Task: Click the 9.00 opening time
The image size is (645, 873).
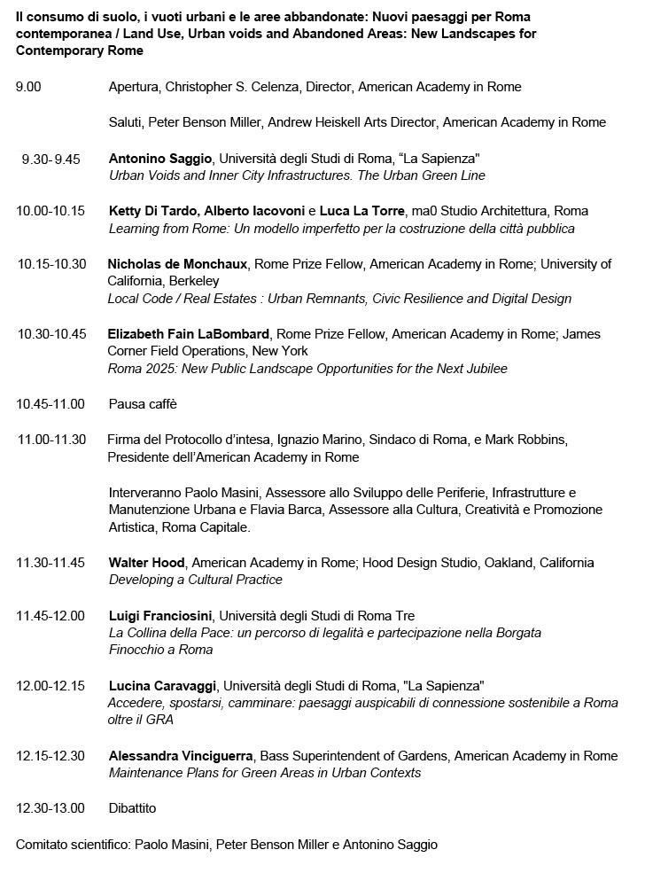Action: click(28, 87)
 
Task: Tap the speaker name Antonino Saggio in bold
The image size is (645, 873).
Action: click(160, 159)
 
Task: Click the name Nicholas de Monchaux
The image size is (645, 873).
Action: click(177, 264)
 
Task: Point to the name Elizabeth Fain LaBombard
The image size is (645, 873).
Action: click(190, 334)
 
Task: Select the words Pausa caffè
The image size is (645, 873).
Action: click(143, 404)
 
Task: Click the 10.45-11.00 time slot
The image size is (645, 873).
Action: click(51, 404)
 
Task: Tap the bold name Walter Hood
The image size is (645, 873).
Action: click(146, 562)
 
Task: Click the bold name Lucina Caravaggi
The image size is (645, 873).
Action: click(160, 686)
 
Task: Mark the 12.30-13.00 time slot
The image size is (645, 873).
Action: click(51, 808)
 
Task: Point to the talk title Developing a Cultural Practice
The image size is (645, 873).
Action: click(195, 580)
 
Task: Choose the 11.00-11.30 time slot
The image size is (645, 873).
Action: click(51, 440)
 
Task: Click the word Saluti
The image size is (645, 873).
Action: click(125, 122)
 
